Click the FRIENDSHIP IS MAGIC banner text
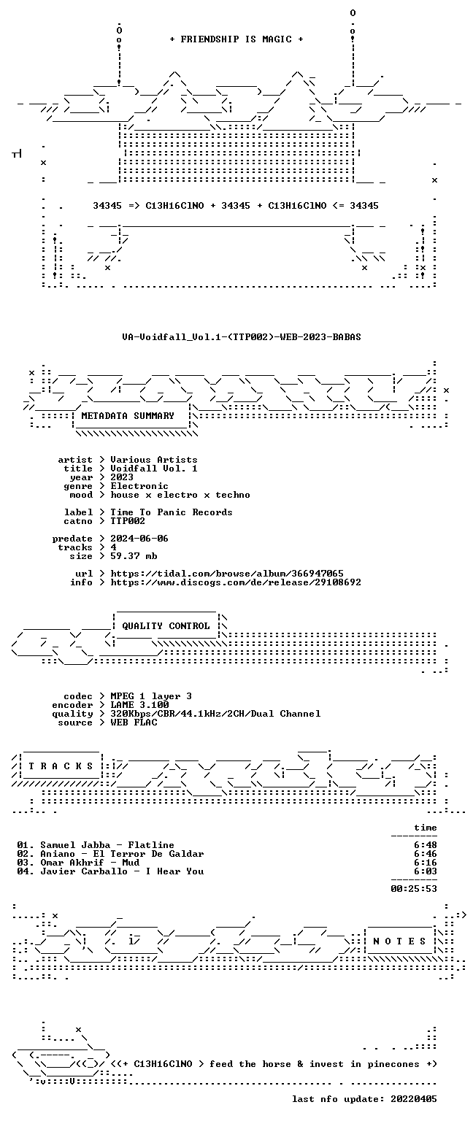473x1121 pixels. point(236,39)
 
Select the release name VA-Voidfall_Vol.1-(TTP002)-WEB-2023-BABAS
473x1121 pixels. point(242,336)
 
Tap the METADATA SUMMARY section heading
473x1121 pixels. point(128,415)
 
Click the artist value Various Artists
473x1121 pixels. point(154,459)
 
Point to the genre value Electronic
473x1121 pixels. point(139,486)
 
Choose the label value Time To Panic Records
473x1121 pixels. point(172,512)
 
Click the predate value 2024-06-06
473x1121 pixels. point(139,539)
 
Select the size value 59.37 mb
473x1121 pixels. point(134,556)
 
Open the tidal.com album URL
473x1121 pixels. point(227,574)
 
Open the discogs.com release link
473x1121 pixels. point(236,582)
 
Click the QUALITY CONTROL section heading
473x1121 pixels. point(166,625)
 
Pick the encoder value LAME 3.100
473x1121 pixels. point(139,704)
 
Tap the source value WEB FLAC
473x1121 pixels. point(134,722)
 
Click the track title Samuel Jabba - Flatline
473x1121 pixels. point(107,844)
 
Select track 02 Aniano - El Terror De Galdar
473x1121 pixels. point(122,854)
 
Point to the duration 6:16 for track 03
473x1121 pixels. point(426,862)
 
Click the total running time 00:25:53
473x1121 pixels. point(414,889)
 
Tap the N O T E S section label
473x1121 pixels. point(399,941)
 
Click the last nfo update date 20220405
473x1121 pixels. point(414,1099)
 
